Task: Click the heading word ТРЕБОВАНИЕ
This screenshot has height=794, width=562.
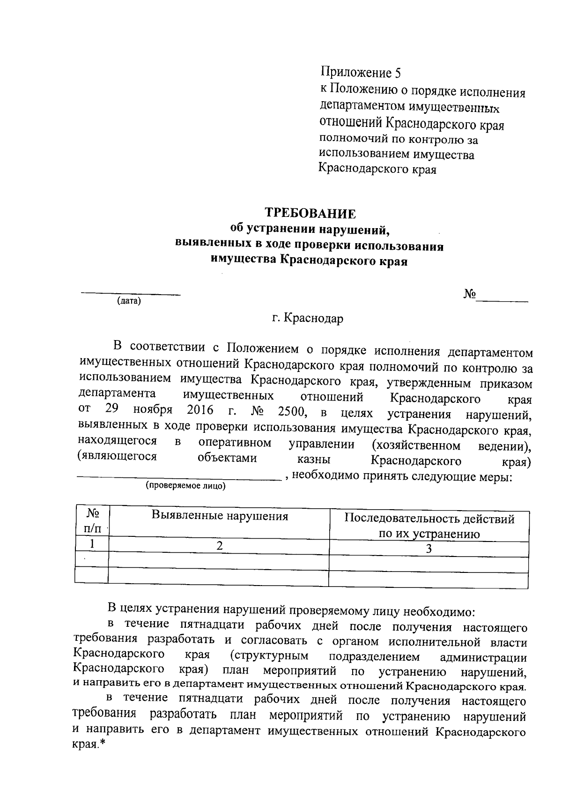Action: (311, 214)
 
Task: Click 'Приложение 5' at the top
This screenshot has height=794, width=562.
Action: (361, 73)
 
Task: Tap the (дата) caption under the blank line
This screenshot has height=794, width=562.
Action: (129, 301)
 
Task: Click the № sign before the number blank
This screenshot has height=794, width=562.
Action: (470, 294)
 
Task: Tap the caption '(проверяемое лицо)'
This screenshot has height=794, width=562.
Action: (185, 486)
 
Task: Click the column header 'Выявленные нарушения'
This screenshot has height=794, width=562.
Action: (220, 516)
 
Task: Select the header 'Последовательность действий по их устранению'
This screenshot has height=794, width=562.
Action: (429, 526)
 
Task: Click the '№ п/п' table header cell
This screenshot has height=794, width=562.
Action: (92, 521)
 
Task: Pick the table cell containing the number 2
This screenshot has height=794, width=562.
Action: (219, 545)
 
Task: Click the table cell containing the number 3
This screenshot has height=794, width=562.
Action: (429, 549)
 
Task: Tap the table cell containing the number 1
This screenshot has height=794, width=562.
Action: (92, 544)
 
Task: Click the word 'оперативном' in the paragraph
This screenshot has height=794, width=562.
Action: (235, 443)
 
